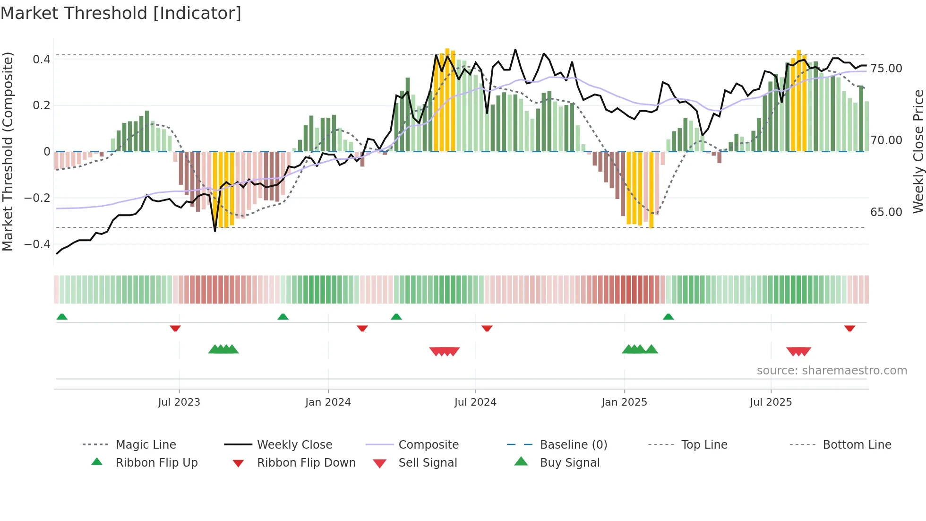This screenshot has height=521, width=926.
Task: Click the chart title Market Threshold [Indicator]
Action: pos(121,13)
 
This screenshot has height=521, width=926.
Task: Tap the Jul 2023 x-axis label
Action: pos(179,402)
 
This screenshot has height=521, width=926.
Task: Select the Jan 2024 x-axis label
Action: pos(328,402)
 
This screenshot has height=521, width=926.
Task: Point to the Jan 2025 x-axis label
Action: pos(624,402)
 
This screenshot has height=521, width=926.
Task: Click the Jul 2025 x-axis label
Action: pos(771,402)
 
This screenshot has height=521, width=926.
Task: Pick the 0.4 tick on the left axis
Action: pos(42,60)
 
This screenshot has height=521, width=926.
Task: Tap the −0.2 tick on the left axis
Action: pos(37,198)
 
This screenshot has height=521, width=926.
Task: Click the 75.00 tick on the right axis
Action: pos(886,69)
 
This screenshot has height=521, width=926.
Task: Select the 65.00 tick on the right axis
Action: pos(886,212)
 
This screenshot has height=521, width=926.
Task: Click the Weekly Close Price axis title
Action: pos(918,151)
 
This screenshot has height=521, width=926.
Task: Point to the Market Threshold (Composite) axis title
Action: pos(8,151)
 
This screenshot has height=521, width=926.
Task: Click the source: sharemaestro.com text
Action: pos(832,371)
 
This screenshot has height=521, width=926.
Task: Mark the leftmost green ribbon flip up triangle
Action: pos(62,317)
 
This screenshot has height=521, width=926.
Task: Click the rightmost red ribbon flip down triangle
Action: pos(849,328)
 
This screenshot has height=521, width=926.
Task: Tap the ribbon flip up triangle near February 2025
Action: pos(668,317)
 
